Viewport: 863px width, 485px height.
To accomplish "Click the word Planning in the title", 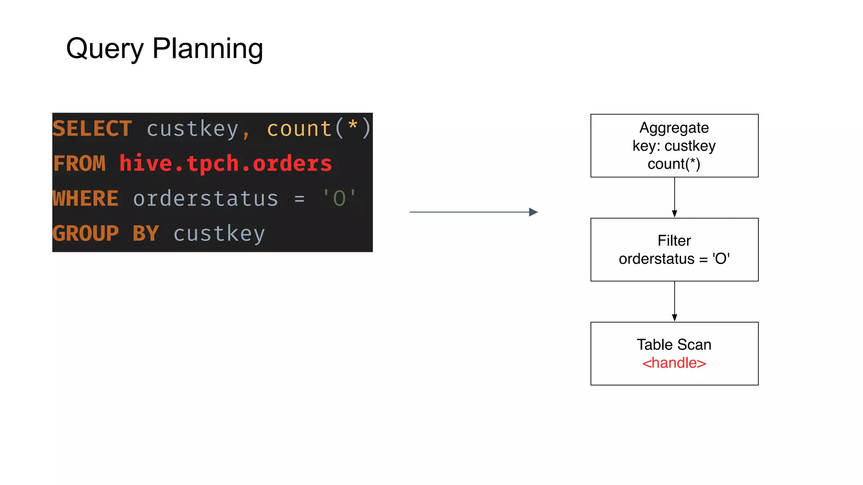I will pos(207,49).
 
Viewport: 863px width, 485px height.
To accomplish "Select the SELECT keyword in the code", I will pos(92,128).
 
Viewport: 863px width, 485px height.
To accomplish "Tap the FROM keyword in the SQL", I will pos(79,163).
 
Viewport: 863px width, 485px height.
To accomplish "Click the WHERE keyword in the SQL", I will pos(86,198).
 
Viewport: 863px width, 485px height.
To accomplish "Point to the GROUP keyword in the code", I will pos(86,233).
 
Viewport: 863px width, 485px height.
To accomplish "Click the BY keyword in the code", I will pos(146,233).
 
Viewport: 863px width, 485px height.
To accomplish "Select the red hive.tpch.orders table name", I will pos(225,163).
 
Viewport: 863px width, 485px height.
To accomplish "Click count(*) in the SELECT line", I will pos(319,128).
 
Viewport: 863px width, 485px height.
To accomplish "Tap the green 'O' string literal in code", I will pos(339,198).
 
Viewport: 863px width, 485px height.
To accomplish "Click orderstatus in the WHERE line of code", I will pos(206,198).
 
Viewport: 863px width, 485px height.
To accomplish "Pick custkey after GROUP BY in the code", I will pos(219,233).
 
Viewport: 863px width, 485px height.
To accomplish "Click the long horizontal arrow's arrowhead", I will pos(533,212).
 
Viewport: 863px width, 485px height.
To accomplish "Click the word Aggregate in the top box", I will pos(674,128).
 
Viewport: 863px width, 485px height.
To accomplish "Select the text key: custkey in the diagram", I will pos(674,146).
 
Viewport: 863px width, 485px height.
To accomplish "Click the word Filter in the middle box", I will pos(674,240).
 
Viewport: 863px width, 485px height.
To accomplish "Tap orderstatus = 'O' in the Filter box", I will pos(674,258).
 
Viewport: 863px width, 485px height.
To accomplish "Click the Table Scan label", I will pos(674,344).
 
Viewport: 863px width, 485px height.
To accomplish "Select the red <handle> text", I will pos(674,363).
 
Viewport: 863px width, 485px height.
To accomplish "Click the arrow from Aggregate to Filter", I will pos(674,197).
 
